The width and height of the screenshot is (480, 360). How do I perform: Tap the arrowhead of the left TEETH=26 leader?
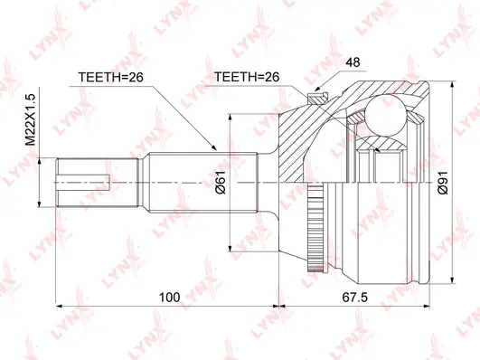click(x=215, y=147)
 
